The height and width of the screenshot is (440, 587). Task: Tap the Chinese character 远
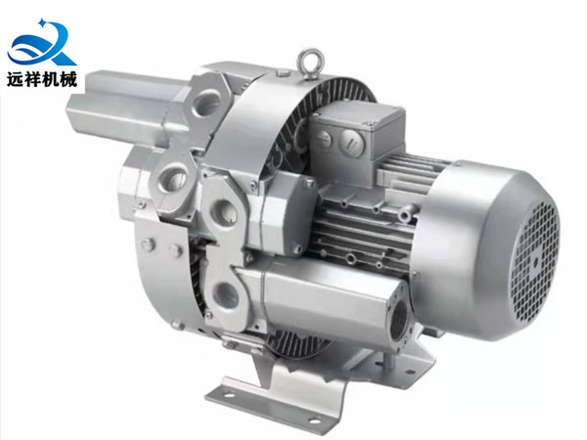click(16, 79)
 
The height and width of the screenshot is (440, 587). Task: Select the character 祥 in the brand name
click(33, 79)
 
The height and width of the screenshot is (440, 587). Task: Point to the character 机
click(51, 79)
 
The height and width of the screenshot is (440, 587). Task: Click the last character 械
click(68, 79)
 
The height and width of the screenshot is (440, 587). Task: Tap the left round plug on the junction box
click(324, 140)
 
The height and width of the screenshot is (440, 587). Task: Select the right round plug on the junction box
click(352, 142)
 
